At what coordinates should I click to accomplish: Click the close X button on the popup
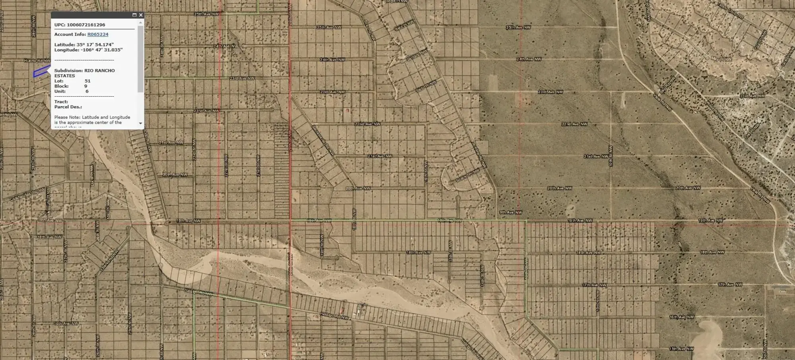tap(141, 15)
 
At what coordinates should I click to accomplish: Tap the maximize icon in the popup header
tap(134, 15)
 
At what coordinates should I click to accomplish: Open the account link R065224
tap(98, 35)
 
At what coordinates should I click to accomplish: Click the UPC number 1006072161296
tap(86, 25)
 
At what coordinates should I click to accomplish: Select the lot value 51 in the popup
tap(87, 81)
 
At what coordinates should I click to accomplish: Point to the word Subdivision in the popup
tap(68, 71)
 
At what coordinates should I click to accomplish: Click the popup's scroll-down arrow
tap(140, 124)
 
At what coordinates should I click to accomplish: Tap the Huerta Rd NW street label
tap(37, 61)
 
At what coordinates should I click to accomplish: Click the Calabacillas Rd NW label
tap(27, 194)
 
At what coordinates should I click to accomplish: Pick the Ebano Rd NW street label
tap(109, 261)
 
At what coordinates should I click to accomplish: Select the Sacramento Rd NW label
tap(323, 141)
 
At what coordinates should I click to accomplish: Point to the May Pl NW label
tap(721, 59)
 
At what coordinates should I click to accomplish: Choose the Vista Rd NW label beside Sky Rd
tap(663, 102)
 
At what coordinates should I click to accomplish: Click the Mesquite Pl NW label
tap(48, 201)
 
